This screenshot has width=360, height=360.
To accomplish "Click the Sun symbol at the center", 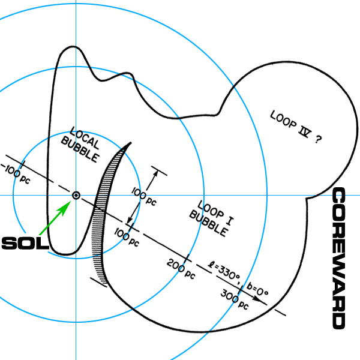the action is click(x=76, y=196).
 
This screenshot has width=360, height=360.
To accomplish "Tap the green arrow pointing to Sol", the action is click(x=55, y=218).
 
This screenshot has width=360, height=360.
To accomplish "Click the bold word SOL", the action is click(x=25, y=244).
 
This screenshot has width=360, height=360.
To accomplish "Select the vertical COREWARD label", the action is click(x=339, y=258).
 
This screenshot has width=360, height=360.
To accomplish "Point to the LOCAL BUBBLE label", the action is click(x=80, y=145).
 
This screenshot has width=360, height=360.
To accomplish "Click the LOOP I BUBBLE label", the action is click(x=211, y=218).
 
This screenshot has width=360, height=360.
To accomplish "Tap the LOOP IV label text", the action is click(x=291, y=124).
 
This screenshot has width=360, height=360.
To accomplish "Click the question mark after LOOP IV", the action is click(x=318, y=139).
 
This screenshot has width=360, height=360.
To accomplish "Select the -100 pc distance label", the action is click(x=16, y=174).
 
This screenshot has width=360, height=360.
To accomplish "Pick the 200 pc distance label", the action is click(x=181, y=269).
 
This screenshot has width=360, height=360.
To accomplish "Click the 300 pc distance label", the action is click(x=235, y=299).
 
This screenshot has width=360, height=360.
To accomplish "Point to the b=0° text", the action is click(x=257, y=290).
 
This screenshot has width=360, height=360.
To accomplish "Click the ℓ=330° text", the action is click(x=224, y=272).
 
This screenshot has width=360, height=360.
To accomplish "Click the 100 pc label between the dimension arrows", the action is click(x=144, y=196).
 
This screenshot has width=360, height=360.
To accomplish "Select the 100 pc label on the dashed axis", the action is click(x=127, y=238).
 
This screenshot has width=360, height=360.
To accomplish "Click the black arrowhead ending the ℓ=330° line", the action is click(x=257, y=299).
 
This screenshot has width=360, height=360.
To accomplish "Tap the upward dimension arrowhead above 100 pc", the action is click(x=155, y=175).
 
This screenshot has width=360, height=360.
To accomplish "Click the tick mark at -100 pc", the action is click(x=23, y=165).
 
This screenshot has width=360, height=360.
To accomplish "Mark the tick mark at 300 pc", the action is click(x=241, y=290).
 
